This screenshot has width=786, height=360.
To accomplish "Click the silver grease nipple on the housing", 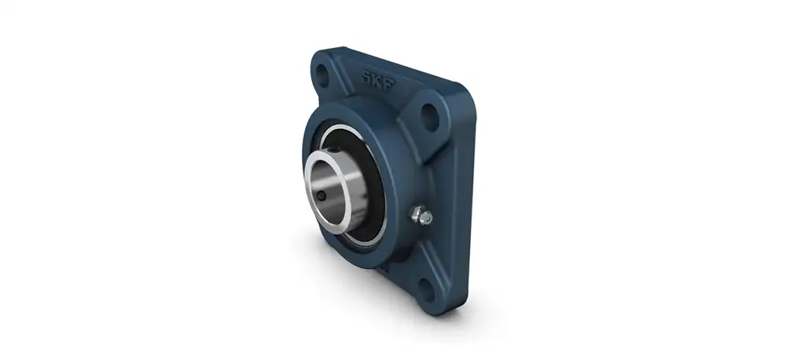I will click(421, 217).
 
